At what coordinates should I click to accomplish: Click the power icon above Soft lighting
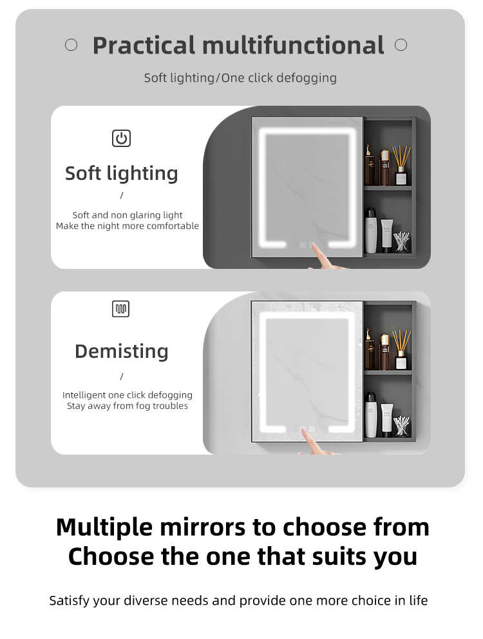(121, 138)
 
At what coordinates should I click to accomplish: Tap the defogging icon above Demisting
(121, 309)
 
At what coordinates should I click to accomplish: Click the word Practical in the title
(144, 46)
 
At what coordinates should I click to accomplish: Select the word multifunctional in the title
(293, 45)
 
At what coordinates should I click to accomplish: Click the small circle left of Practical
(71, 45)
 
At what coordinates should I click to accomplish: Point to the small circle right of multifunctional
(401, 45)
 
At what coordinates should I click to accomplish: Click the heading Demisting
(122, 351)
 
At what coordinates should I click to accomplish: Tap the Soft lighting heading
(122, 173)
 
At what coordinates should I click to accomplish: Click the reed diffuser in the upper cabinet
(401, 165)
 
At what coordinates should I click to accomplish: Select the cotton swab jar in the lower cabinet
(401, 426)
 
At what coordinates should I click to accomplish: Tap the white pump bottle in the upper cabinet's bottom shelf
(371, 231)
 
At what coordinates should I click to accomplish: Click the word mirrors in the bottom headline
(203, 527)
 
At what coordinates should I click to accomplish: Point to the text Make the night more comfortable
(128, 226)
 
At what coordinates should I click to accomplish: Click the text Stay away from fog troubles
(128, 406)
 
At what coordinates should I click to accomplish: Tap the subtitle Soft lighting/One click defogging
(240, 78)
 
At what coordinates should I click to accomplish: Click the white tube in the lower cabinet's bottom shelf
(387, 420)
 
